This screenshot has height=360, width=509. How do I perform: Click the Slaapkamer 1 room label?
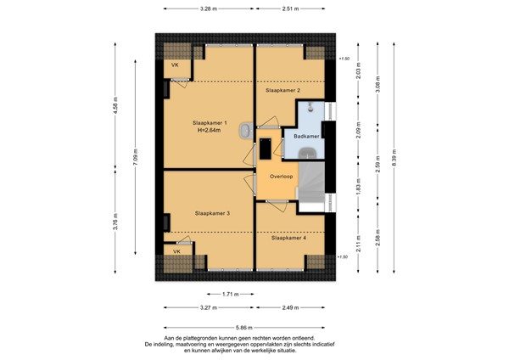click(210, 123)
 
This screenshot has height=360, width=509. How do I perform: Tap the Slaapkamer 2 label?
click(282, 89)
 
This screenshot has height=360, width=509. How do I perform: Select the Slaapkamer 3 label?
click(211, 213)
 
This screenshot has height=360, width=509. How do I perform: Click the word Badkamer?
click(306, 136)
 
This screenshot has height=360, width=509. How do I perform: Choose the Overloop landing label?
click(281, 177)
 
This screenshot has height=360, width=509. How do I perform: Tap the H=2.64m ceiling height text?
click(210, 132)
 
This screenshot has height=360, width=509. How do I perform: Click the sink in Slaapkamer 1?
click(245, 131)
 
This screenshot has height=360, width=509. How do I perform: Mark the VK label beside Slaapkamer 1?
click(175, 65)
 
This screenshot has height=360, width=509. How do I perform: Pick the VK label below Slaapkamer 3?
click(177, 252)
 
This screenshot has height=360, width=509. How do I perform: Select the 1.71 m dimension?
click(228, 293)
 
